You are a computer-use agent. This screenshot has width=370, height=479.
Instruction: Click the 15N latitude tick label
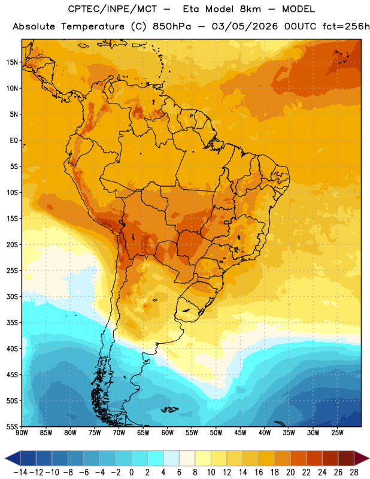coord(12,62)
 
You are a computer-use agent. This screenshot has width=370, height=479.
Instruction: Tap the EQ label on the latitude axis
coord(14,141)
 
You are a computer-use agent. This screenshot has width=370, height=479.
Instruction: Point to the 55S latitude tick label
coord(12,426)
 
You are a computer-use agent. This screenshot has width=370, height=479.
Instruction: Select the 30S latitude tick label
coord(12,296)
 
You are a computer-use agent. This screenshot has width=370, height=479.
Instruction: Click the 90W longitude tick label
coord(22,433)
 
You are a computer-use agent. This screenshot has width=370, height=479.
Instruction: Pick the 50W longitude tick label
coord(216,433)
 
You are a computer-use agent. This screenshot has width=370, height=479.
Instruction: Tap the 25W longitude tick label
coord(337,433)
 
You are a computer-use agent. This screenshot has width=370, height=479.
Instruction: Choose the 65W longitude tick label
coord(143,433)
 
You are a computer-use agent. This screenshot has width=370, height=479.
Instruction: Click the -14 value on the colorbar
coord(20,472)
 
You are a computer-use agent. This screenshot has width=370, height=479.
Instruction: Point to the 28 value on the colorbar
coord(354,472)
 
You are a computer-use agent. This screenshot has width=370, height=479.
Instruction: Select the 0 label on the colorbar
coord(131,472)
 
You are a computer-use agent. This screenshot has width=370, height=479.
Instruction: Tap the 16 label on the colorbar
coord(259,472)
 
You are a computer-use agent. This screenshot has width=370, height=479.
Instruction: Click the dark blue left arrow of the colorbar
coord(13,458)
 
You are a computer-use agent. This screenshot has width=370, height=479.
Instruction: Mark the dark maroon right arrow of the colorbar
coord(362,458)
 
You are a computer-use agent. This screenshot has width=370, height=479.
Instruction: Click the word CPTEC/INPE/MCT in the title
coord(113,9)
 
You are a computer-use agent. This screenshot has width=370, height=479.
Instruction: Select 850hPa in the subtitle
coord(172,26)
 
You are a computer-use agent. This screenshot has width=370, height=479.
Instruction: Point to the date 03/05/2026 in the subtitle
coord(245,26)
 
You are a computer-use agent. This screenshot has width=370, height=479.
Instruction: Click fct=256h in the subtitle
coord(346,26)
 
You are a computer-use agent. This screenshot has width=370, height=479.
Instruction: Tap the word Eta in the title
coord(192,9)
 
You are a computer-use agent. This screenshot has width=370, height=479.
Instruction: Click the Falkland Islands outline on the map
coord(170,410)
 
